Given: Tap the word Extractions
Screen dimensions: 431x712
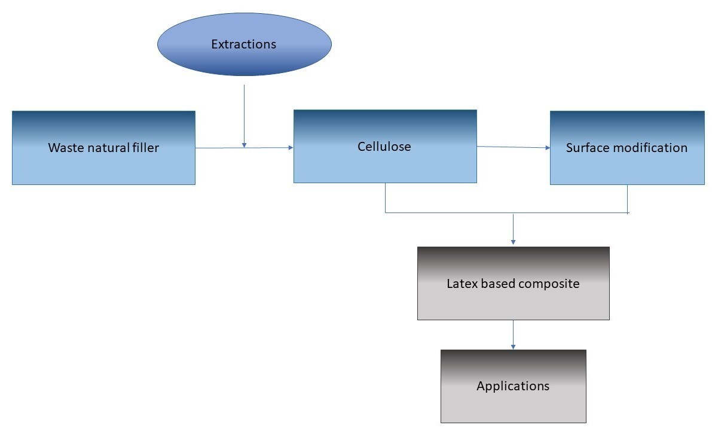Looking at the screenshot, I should [x=244, y=44].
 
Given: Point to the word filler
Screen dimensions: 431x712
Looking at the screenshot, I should [x=144, y=147].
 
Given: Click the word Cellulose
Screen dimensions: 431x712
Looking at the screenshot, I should [x=384, y=146].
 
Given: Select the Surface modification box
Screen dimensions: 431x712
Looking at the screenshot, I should [x=627, y=165].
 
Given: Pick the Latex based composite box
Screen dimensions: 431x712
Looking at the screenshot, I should [x=513, y=299].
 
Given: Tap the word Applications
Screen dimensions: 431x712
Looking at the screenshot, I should [x=513, y=386].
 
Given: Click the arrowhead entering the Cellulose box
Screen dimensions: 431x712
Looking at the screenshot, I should [x=291, y=147].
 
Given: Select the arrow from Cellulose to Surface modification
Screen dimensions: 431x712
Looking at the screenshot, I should [x=513, y=147].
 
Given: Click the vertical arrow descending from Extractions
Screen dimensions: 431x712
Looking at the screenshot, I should [x=244, y=114].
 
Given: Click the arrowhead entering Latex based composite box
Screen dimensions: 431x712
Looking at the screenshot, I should [x=513, y=242].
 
